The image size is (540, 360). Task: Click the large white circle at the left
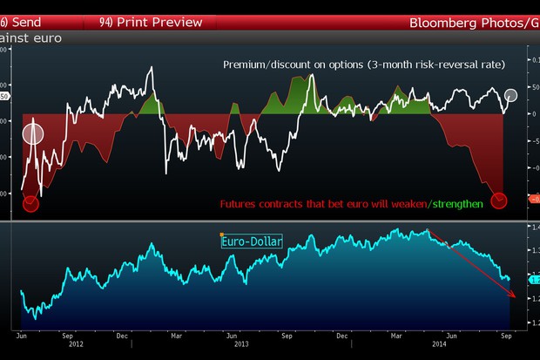click(x=32, y=134)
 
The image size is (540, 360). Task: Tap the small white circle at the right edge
click(x=510, y=95)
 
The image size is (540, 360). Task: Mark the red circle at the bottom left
click(x=30, y=204)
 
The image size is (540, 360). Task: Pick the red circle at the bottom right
click(x=499, y=200)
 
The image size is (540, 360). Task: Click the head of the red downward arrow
click(x=514, y=296)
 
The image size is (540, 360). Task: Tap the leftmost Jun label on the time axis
click(x=21, y=336)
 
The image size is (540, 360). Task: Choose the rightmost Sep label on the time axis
click(x=505, y=336)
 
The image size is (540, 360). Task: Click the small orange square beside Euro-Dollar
click(x=222, y=234)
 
